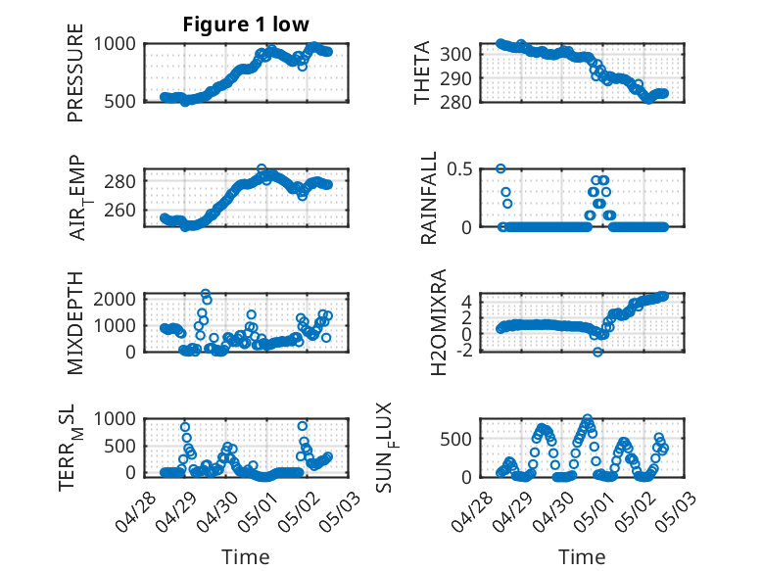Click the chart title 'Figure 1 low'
click(x=246, y=24)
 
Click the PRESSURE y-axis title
click(x=75, y=72)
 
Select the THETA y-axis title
click(x=422, y=72)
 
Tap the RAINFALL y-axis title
click(x=429, y=198)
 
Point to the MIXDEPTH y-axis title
click(x=75, y=323)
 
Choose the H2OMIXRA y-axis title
click(x=439, y=322)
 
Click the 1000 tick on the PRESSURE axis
click(x=115, y=44)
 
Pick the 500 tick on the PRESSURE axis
click(x=120, y=102)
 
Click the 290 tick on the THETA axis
click(x=455, y=78)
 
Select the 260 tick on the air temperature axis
click(x=120, y=211)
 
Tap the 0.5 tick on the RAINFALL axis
click(x=459, y=169)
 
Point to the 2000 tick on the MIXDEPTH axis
click(x=115, y=299)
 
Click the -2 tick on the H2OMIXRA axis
click(x=462, y=351)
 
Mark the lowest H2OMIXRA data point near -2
click(x=597, y=352)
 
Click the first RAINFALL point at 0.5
click(x=500, y=168)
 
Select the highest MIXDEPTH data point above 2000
click(x=206, y=294)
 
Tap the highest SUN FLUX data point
click(x=588, y=418)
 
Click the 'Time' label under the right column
click(x=582, y=557)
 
